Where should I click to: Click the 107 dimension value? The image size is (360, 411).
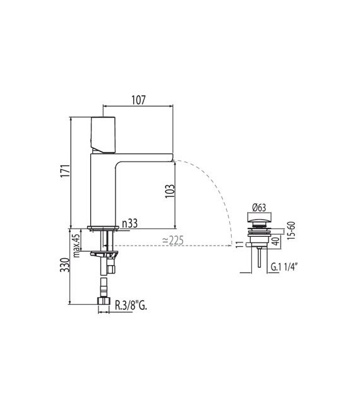(138, 100)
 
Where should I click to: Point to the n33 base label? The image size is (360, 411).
(131, 223)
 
